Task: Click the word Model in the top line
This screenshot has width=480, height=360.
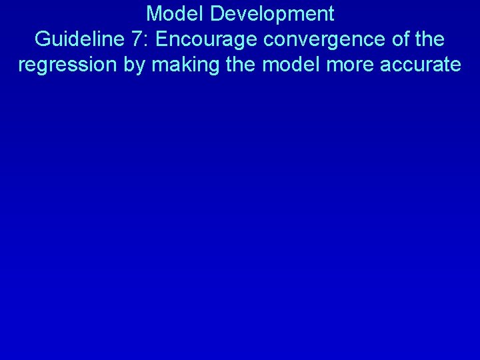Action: click(172, 13)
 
